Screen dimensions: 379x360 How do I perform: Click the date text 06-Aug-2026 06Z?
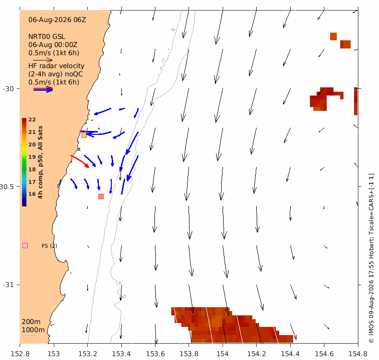[57, 20]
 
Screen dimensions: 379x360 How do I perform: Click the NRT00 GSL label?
[47, 36]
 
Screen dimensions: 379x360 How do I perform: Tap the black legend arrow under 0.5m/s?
[43, 60]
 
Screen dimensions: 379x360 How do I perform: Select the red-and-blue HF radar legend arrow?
[43, 89]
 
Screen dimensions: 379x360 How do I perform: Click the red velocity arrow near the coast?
[80, 161]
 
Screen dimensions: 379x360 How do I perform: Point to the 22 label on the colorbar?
[32, 120]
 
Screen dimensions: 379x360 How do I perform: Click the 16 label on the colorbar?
[32, 194]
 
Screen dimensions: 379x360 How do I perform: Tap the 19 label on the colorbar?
[32, 157]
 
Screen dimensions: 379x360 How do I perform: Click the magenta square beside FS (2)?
[25, 246]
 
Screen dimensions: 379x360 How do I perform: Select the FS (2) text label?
[49, 246]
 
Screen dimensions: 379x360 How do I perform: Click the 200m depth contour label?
[31, 322]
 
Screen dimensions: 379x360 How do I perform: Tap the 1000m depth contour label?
[34, 330]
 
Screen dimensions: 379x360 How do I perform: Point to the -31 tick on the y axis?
[8, 285]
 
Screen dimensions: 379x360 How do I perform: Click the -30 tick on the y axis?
[8, 89]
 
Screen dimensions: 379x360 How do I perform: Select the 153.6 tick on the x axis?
[155, 354]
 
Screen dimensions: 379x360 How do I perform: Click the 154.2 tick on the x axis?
[257, 354]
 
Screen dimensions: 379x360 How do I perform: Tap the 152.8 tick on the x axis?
[20, 354]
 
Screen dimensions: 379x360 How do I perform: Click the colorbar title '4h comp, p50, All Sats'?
[40, 162]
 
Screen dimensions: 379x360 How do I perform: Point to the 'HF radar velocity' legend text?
[56, 66]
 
